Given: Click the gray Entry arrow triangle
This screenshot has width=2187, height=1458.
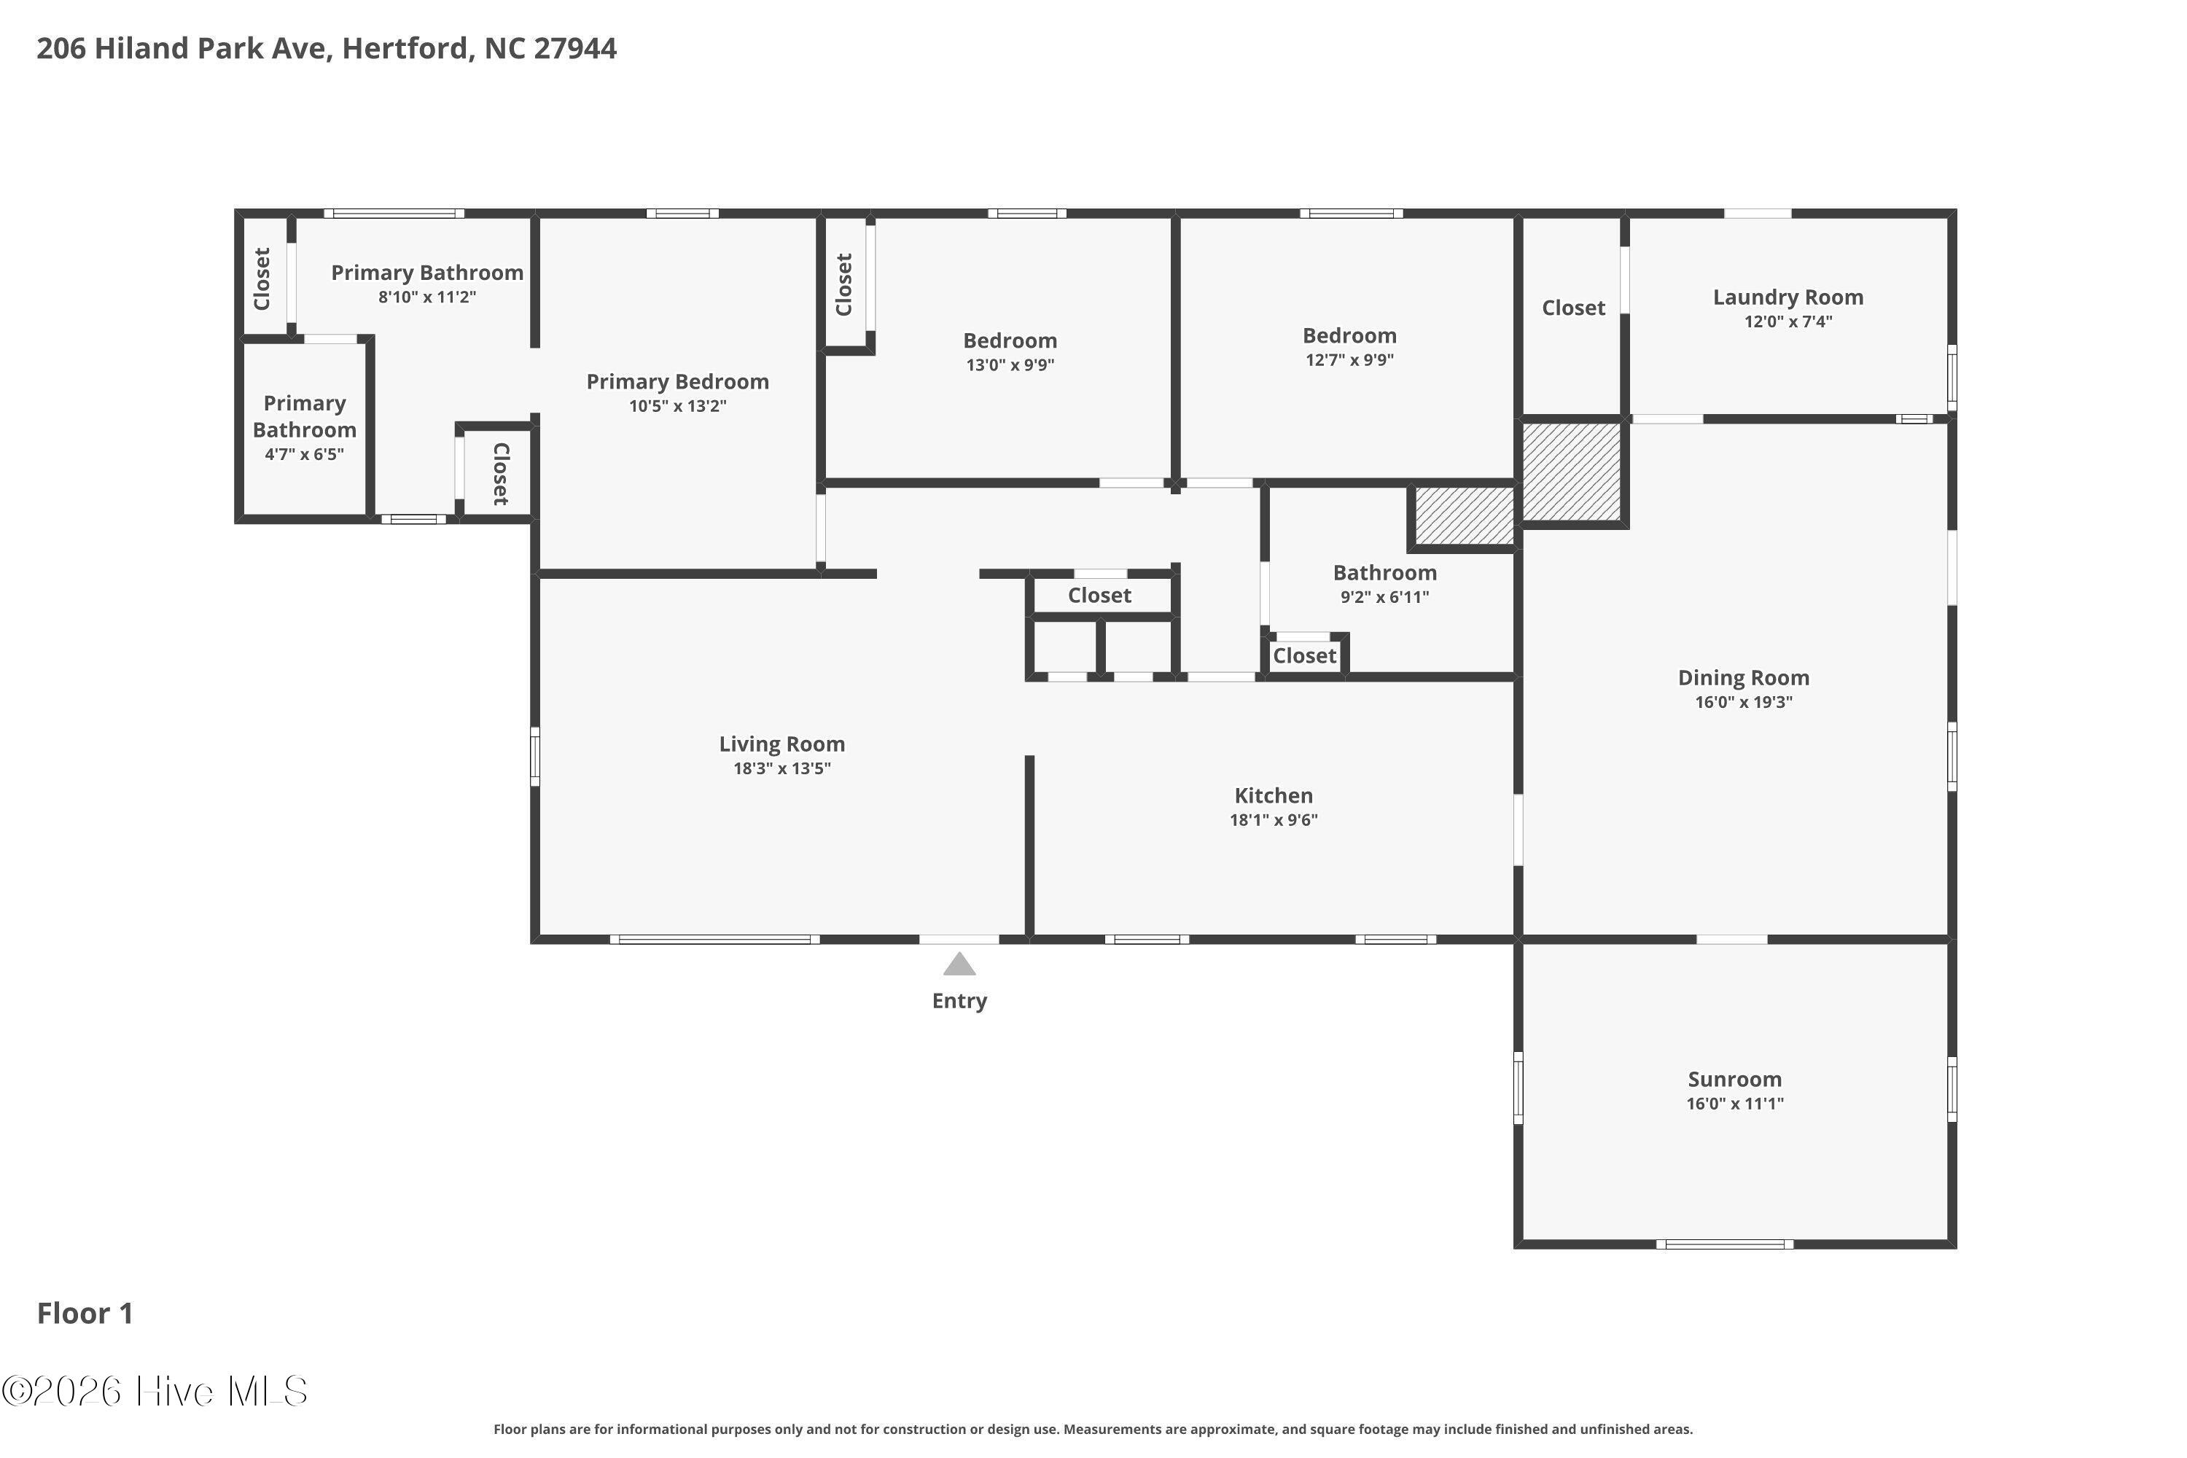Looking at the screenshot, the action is click(959, 964).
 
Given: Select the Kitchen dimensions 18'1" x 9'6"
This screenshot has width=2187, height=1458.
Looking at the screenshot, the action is click(1273, 819).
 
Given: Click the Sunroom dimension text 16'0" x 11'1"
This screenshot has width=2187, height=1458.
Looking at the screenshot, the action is click(1734, 1104).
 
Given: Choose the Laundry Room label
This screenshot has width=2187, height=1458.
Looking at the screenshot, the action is click(1788, 297).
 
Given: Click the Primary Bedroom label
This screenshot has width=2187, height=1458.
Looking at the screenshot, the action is click(677, 381).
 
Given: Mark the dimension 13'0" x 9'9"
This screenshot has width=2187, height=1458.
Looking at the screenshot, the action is click(1010, 364).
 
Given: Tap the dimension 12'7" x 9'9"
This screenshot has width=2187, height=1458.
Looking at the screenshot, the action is click(1349, 360).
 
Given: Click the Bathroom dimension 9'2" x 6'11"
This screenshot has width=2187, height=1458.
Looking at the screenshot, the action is click(1384, 597).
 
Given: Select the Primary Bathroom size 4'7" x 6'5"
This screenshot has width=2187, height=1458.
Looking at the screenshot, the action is click(304, 453).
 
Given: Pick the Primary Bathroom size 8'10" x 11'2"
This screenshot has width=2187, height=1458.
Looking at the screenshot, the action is click(426, 297).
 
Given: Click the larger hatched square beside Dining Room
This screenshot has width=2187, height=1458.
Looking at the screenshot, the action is click(1570, 472).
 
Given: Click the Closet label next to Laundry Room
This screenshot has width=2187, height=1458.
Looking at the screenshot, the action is click(1573, 308).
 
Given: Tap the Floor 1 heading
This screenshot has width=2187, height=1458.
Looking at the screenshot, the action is click(85, 1313).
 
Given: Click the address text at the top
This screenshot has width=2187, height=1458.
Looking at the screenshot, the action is click(327, 48).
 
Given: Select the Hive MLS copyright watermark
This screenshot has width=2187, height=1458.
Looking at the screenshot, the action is click(155, 1391).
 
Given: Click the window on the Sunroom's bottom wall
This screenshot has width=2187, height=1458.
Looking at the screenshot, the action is click(1724, 1244).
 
